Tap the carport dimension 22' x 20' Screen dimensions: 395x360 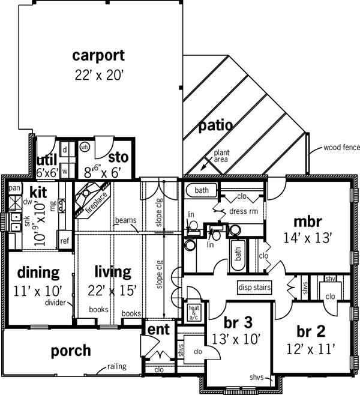(x=98, y=76)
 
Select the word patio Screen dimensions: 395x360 (x=216, y=125)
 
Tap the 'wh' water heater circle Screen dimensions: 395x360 (x=85, y=146)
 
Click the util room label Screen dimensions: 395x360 (x=47, y=159)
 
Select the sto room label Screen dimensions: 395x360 (x=119, y=157)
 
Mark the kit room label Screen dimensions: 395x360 (x=39, y=193)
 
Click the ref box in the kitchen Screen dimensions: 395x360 (x=64, y=241)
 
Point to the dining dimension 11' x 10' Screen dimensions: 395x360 (x=38, y=292)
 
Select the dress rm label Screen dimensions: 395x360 (x=243, y=211)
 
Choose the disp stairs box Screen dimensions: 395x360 (x=254, y=287)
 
